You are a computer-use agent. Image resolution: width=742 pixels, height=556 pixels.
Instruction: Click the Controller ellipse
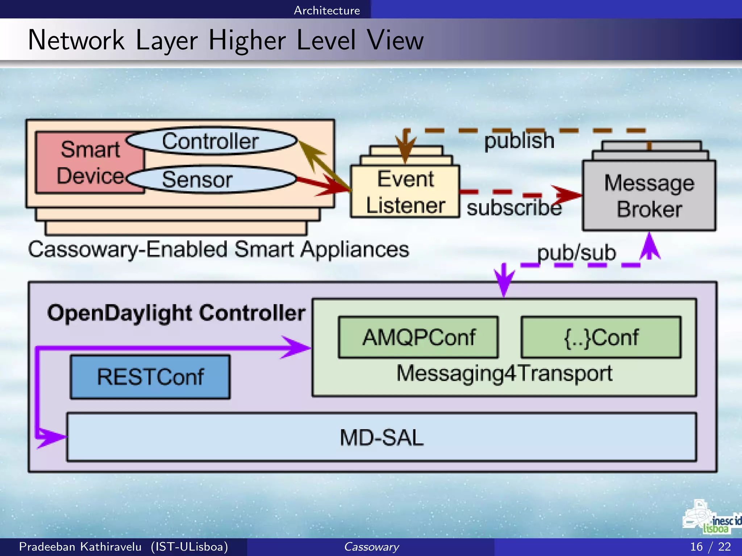211,141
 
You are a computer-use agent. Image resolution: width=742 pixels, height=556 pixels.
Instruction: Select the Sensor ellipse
211,179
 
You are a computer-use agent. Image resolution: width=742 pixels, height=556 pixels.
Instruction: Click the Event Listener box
405,192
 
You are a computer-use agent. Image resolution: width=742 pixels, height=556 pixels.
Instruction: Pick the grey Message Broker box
649,195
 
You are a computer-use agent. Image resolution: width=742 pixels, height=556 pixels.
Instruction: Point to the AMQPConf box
418,337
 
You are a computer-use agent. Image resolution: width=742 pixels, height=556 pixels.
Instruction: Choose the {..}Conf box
601,337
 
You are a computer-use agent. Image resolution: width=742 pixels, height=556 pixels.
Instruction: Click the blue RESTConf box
150,377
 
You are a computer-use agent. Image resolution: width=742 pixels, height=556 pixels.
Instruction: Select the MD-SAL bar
382,437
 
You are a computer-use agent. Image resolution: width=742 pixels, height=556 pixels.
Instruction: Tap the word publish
519,140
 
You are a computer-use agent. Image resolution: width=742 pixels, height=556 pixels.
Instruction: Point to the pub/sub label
576,253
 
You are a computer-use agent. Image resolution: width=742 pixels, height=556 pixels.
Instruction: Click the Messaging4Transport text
504,373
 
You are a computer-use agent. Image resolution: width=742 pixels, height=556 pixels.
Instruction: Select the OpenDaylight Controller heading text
176,313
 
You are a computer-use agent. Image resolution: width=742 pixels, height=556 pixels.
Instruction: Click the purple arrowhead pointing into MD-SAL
51,437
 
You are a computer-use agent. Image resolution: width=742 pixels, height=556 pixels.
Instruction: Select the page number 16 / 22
710,547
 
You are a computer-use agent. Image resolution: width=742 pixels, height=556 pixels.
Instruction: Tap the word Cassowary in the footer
371,547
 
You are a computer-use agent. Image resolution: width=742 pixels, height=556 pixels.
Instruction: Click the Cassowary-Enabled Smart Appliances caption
218,249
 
